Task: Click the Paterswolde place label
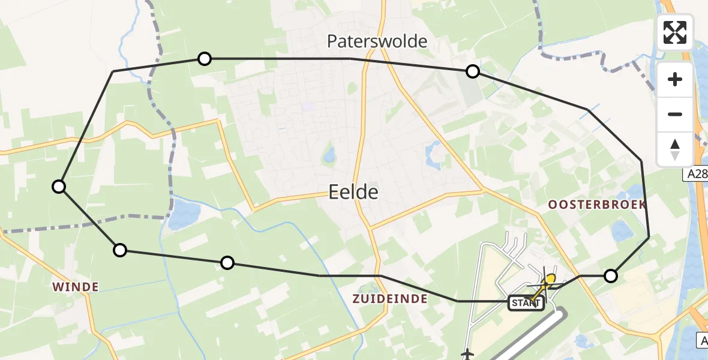coord(377,41)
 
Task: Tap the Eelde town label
coord(353,192)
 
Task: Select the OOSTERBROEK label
coord(597,205)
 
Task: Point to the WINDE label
coord(75,287)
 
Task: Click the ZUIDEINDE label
coord(390,299)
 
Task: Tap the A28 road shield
coord(695,174)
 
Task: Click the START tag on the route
coord(526,303)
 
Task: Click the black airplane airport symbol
coord(468,354)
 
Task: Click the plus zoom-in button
coord(675,79)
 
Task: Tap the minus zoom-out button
coord(675,114)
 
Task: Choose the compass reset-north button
coord(675,149)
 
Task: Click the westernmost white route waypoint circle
coord(59,187)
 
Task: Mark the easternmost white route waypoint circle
coord(610,276)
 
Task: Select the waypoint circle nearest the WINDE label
coord(120,250)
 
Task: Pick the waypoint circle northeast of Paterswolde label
coord(473,72)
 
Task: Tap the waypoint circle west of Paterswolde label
coord(205,59)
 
